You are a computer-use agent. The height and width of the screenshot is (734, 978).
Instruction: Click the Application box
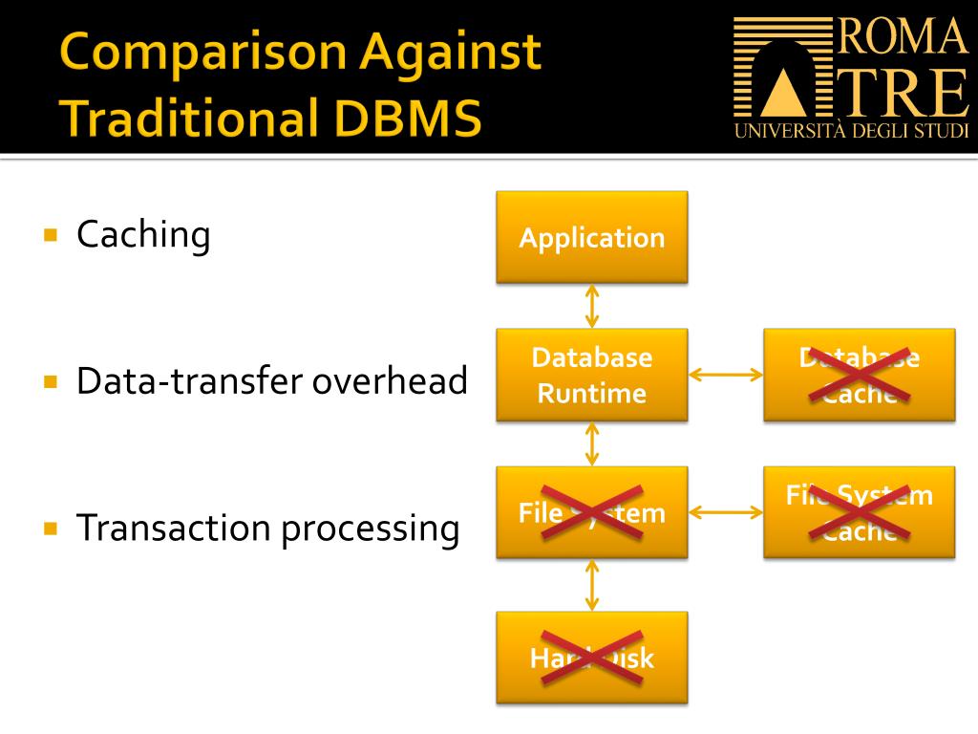(x=591, y=237)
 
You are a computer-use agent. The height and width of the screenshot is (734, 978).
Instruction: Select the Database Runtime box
(x=591, y=375)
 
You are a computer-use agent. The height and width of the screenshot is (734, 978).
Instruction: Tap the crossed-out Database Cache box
(x=859, y=375)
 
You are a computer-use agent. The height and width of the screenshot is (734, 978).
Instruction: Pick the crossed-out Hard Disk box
(x=591, y=658)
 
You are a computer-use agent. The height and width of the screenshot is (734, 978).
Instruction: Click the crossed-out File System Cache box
(x=859, y=512)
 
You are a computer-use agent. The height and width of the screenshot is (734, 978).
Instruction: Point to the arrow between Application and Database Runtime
(x=592, y=306)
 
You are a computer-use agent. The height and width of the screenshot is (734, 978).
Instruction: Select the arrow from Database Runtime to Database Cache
(x=726, y=375)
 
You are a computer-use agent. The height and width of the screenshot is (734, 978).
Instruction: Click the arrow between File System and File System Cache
(x=726, y=512)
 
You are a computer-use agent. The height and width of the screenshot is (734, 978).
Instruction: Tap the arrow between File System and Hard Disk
(x=592, y=585)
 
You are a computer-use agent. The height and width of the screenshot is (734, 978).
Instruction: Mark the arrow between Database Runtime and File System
(x=592, y=443)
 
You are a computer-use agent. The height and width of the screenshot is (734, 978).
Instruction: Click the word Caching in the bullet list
(x=143, y=235)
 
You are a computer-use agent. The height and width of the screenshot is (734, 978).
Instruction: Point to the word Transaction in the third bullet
(x=173, y=527)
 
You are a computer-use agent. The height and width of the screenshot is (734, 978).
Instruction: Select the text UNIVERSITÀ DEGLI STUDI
(x=852, y=131)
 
